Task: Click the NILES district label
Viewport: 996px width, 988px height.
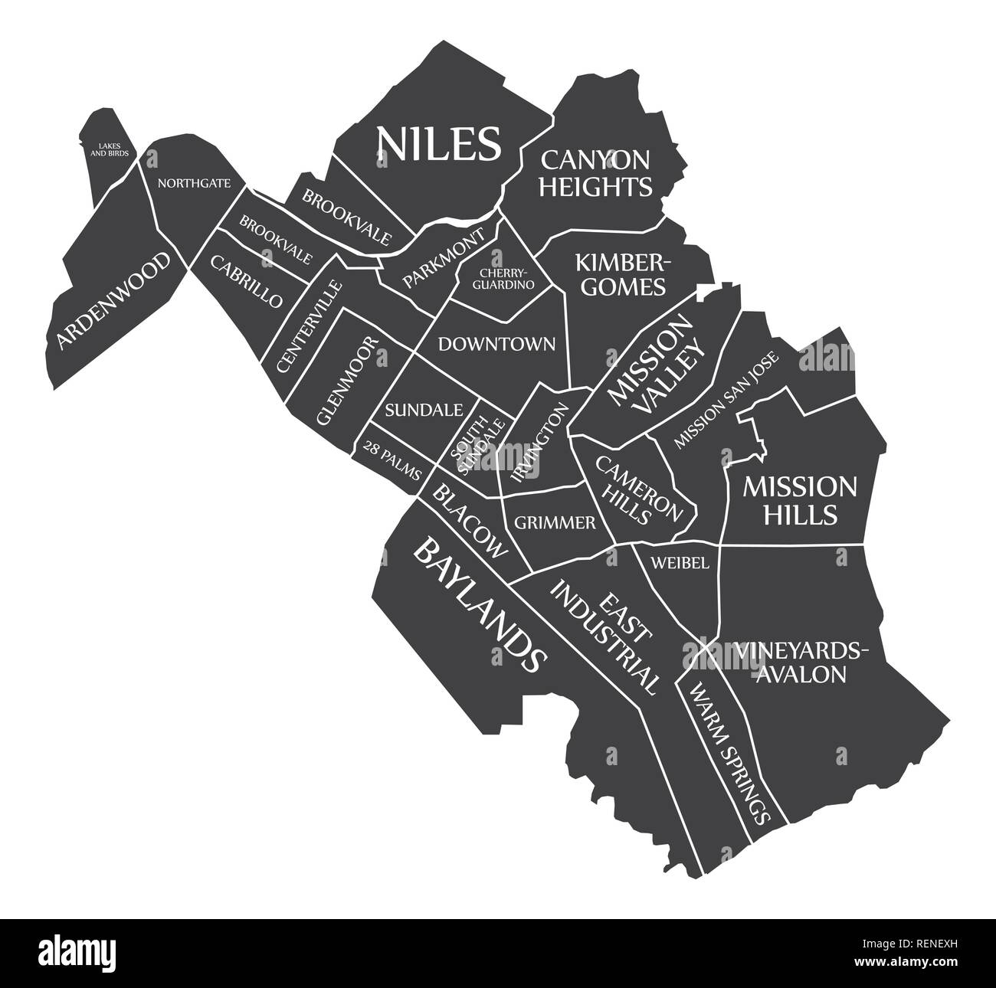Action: [x=437, y=144]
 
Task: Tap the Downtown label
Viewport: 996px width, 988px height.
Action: [x=496, y=344]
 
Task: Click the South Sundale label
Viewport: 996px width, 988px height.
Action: [x=477, y=443]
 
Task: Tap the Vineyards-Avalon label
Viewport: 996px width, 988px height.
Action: [x=802, y=662]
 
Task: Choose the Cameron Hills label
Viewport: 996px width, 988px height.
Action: [x=635, y=491]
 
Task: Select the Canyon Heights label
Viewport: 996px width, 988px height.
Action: [x=595, y=172]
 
